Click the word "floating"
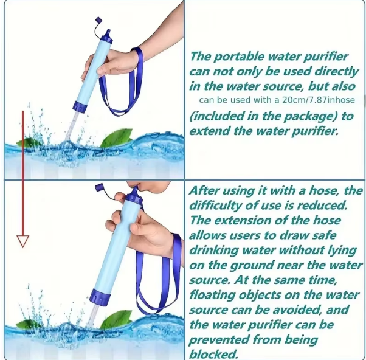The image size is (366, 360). coord(213,294)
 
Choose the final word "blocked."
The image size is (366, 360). coord(213,353)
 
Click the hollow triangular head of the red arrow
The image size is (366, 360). coord(23,241)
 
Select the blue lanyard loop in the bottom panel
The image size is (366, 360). coord(159,286)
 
